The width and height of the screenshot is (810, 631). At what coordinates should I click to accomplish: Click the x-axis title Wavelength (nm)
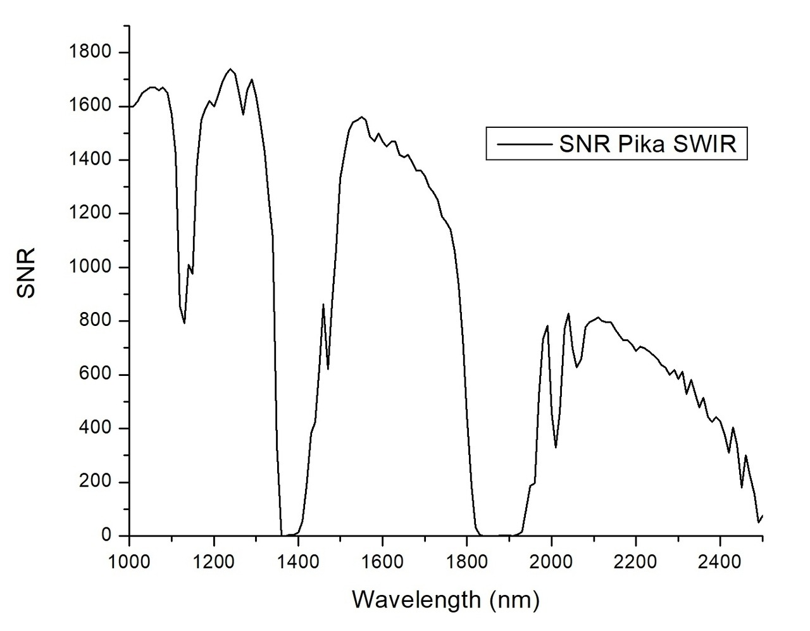click(445, 599)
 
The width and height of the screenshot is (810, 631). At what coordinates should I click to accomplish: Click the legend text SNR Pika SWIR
click(648, 144)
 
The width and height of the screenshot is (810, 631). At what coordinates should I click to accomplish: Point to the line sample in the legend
click(523, 144)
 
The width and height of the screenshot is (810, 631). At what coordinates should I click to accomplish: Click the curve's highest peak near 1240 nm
click(230, 69)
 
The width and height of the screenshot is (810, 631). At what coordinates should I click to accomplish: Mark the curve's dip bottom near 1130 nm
click(184, 323)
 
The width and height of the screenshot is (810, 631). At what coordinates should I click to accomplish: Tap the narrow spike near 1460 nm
click(323, 304)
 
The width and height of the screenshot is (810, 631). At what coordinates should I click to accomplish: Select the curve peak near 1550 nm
click(361, 117)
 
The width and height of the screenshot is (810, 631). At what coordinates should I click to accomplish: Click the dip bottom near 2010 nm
click(556, 447)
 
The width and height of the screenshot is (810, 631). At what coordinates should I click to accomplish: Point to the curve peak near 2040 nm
click(568, 314)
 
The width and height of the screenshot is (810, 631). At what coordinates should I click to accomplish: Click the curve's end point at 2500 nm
click(763, 516)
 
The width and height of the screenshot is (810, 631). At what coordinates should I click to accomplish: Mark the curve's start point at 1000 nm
click(130, 106)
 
